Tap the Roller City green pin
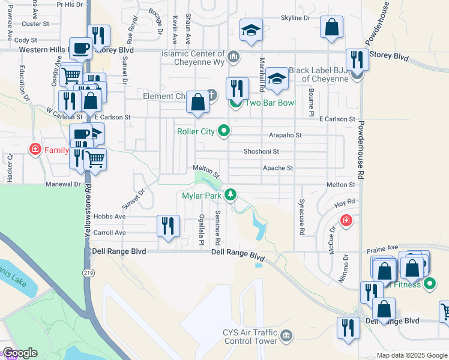pyautogui.click(x=224, y=130)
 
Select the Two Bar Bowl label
pyautogui.click(x=271, y=103)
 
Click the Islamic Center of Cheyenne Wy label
pyautogui.click(x=193, y=53)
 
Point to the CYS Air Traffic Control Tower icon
pyautogui.click(x=286, y=334)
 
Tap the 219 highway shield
pyautogui.click(x=89, y=272)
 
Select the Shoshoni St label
pyautogui.click(x=261, y=152)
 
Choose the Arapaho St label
pyautogui.click(x=285, y=136)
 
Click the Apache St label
pyautogui.click(x=278, y=169)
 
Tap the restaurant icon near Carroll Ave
pyautogui.click(x=167, y=226)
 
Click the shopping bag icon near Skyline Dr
pyautogui.click(x=331, y=28)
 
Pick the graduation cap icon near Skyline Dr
pyautogui.click(x=251, y=31)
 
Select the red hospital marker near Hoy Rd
pyautogui.click(x=346, y=221)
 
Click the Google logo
pyautogui.click(x=20, y=353)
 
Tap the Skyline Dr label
pyautogui.click(x=295, y=19)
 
